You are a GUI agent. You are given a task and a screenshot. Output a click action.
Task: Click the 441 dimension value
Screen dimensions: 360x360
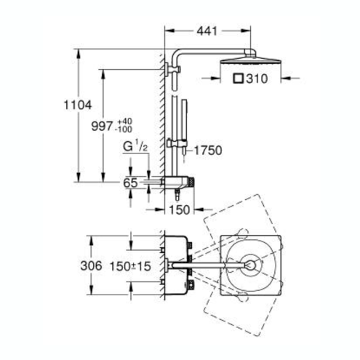pyautogui.click(x=207, y=31)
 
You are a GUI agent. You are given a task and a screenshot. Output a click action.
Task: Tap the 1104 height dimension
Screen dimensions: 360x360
pyautogui.click(x=78, y=105)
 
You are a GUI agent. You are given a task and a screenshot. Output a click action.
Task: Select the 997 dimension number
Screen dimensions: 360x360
pyautogui.click(x=102, y=127)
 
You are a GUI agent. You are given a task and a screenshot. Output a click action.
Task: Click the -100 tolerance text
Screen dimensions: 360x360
pyautogui.click(x=124, y=129)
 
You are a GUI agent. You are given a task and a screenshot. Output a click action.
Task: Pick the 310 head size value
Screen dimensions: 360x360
pyautogui.click(x=257, y=79)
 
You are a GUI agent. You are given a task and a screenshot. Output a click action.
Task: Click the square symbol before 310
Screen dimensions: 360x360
pyautogui.click(x=238, y=79)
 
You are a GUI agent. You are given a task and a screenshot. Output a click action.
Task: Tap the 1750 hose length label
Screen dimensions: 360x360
pyautogui.click(x=208, y=151)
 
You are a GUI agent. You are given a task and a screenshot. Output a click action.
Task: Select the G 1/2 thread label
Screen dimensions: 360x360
pyautogui.click(x=135, y=148)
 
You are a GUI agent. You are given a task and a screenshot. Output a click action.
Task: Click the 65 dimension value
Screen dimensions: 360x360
pyautogui.click(x=130, y=183)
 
